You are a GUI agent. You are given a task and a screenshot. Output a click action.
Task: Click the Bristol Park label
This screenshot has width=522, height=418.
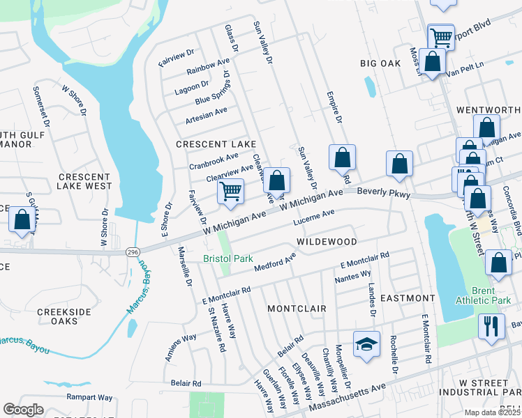pos(228,258)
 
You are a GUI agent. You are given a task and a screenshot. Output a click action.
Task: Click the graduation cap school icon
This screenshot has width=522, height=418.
pos(366,344)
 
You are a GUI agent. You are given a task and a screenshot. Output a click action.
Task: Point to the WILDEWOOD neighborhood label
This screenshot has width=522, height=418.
pos(327,242)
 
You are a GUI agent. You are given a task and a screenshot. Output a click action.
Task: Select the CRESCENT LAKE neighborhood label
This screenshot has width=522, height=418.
pos(216,144)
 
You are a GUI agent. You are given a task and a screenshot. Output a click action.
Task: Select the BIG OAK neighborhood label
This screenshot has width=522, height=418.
pos(380,63)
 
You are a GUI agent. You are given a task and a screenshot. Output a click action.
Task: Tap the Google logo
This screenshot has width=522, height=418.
pos(23,410)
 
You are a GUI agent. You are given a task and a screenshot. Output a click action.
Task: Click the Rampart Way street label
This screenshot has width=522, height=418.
pos(89,398)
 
